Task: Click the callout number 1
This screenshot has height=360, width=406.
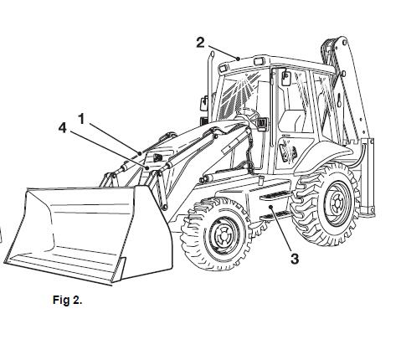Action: point(81,119)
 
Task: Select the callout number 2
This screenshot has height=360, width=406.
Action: point(200,43)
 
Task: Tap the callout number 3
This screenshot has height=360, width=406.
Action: point(295,259)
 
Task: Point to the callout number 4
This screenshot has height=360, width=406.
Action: point(63,128)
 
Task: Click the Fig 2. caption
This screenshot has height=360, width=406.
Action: point(68,300)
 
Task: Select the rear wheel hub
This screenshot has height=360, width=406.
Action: point(337,203)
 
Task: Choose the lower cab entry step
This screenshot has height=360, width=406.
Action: point(275,215)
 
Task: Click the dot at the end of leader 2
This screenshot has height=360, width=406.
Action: point(238,59)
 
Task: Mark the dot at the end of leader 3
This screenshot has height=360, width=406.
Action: point(270,207)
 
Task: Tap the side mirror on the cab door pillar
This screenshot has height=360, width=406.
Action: point(285,79)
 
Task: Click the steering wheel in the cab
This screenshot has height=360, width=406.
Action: point(249,113)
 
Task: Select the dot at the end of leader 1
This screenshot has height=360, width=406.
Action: point(140,152)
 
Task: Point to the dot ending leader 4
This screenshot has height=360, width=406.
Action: point(147,167)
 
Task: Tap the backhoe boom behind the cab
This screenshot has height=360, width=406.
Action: point(349,84)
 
